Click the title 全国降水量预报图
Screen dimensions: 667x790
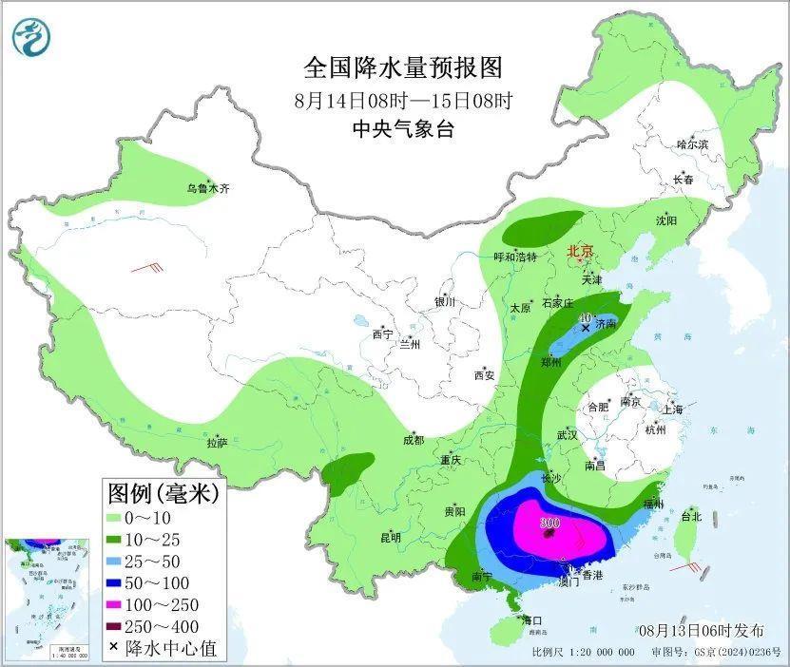pyautogui.click(x=402, y=68)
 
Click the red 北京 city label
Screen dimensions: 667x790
pyautogui.click(x=580, y=252)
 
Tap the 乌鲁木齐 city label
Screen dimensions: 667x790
pyautogui.click(x=208, y=189)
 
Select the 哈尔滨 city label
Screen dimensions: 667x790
pyautogui.click(x=693, y=144)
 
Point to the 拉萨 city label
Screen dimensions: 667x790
pyautogui.click(x=217, y=442)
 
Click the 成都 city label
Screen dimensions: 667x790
pyautogui.click(x=413, y=440)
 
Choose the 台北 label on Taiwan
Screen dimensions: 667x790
pyautogui.click(x=691, y=517)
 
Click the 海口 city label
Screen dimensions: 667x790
pyautogui.click(x=532, y=620)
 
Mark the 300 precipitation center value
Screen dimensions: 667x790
pyautogui.click(x=549, y=524)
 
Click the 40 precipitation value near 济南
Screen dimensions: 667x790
pyautogui.click(x=587, y=318)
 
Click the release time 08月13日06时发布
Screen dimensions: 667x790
pyautogui.click(x=701, y=630)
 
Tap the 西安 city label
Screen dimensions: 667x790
pyautogui.click(x=484, y=375)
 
